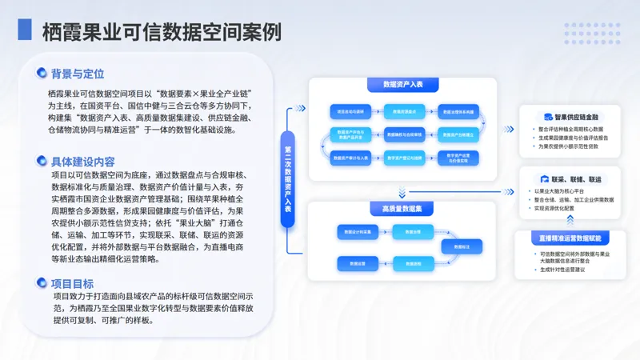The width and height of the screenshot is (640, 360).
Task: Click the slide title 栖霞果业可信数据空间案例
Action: [x=161, y=31]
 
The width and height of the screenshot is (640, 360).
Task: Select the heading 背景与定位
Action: [x=78, y=74]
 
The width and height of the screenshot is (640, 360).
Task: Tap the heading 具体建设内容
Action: [x=83, y=161]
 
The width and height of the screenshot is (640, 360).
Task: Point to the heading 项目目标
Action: [x=72, y=283]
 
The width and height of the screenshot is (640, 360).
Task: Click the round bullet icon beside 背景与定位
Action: [x=42, y=74]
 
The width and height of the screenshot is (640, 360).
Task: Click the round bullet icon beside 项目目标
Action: [x=42, y=283]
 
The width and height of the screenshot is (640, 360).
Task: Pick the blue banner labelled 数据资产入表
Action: [x=398, y=84]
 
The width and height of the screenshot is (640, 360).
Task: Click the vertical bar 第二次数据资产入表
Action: [x=289, y=177]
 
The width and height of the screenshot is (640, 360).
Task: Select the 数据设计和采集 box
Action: [x=350, y=232]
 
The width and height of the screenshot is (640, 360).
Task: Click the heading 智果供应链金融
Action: [x=576, y=117]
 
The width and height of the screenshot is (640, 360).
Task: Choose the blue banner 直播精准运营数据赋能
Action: [x=570, y=238]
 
